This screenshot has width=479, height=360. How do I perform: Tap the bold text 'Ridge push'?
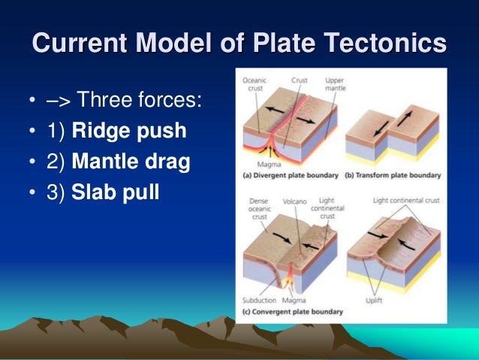pyautogui.click(x=128, y=132)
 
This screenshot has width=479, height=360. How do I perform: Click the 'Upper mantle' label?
pyautogui.click(x=336, y=84)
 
